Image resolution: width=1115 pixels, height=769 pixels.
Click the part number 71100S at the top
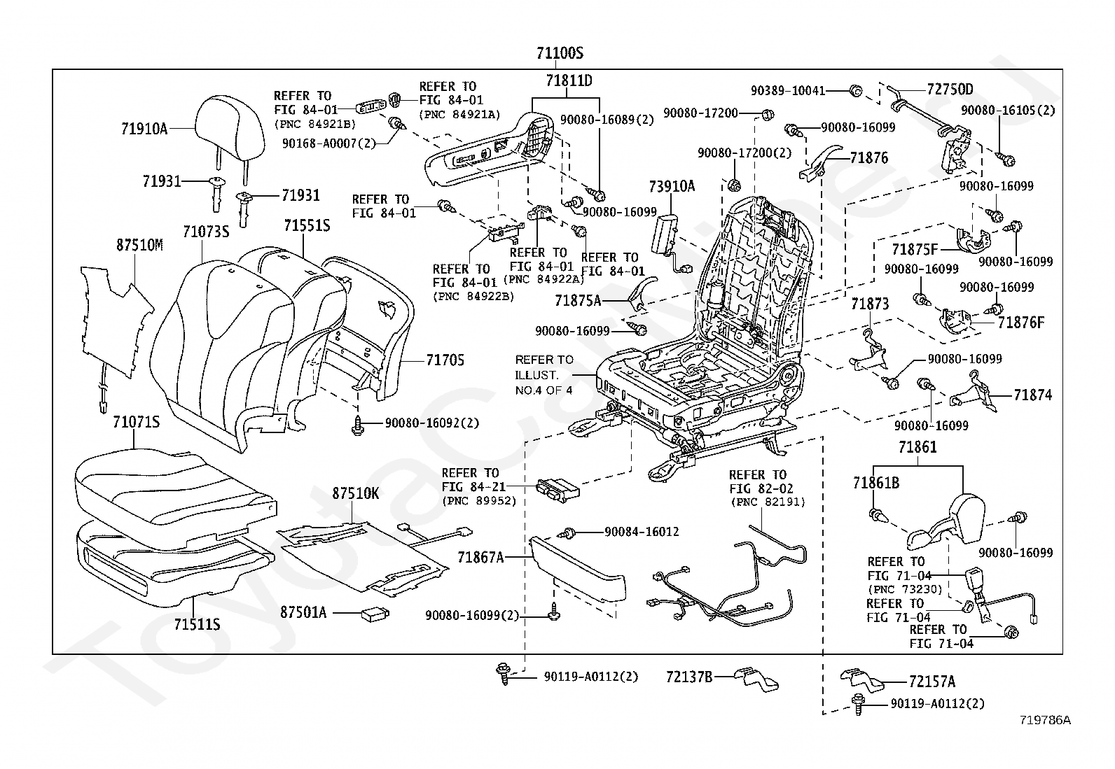(x=560, y=52)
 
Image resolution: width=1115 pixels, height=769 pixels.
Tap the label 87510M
(x=139, y=245)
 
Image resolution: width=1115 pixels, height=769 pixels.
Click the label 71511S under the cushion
(x=197, y=624)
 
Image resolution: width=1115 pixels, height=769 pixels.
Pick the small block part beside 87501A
(x=375, y=615)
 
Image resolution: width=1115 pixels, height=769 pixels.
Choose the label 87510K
(x=355, y=493)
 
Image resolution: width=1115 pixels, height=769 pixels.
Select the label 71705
(x=445, y=360)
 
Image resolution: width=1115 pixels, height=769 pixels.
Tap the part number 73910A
(x=672, y=187)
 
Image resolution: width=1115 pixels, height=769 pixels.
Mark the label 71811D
(x=569, y=80)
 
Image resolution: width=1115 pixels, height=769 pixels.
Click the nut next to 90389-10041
(x=856, y=91)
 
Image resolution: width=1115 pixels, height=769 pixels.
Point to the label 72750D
(x=950, y=90)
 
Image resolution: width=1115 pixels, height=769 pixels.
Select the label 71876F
(x=1021, y=323)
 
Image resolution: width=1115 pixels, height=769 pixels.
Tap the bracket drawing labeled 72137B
(x=756, y=679)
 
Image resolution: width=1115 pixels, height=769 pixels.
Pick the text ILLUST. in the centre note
(x=536, y=375)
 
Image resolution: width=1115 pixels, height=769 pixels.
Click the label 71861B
(x=876, y=483)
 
